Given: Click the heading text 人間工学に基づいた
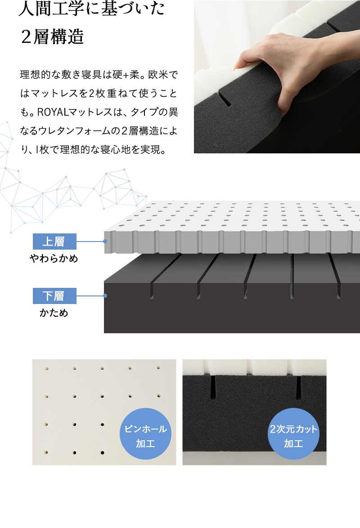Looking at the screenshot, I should point(92,10).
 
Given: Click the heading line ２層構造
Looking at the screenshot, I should point(52,37).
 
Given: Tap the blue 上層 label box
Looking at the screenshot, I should point(54,242).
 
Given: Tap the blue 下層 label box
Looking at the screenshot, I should point(54,296).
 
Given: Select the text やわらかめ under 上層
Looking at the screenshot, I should point(54,259).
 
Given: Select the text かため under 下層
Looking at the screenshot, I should point(54,313).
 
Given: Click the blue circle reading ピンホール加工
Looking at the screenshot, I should point(145,436).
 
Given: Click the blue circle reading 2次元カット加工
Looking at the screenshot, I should point(293,436).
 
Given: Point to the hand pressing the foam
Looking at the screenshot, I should point(265,67).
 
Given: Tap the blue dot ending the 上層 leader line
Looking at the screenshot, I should point(105,242).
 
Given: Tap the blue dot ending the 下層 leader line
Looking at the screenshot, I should point(105,296).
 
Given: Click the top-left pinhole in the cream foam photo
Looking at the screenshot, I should point(47,368).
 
